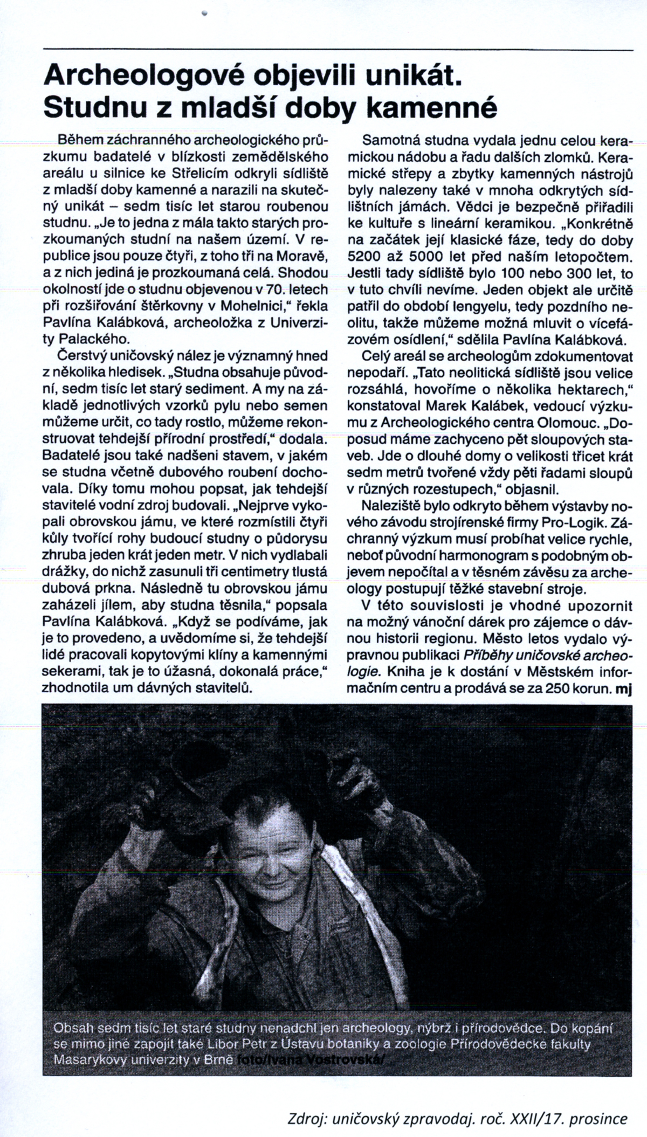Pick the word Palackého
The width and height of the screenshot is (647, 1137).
(x=97, y=339)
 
